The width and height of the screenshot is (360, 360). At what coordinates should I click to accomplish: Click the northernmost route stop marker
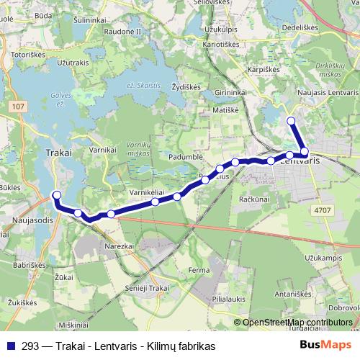tap(291, 121)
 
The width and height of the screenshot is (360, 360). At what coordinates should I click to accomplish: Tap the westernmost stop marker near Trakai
tap(57, 194)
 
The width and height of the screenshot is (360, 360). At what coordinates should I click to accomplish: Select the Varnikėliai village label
tap(148, 193)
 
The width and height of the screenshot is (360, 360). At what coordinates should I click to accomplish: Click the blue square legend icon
tap(11, 346)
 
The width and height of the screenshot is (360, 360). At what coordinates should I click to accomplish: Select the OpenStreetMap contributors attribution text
tap(297, 323)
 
